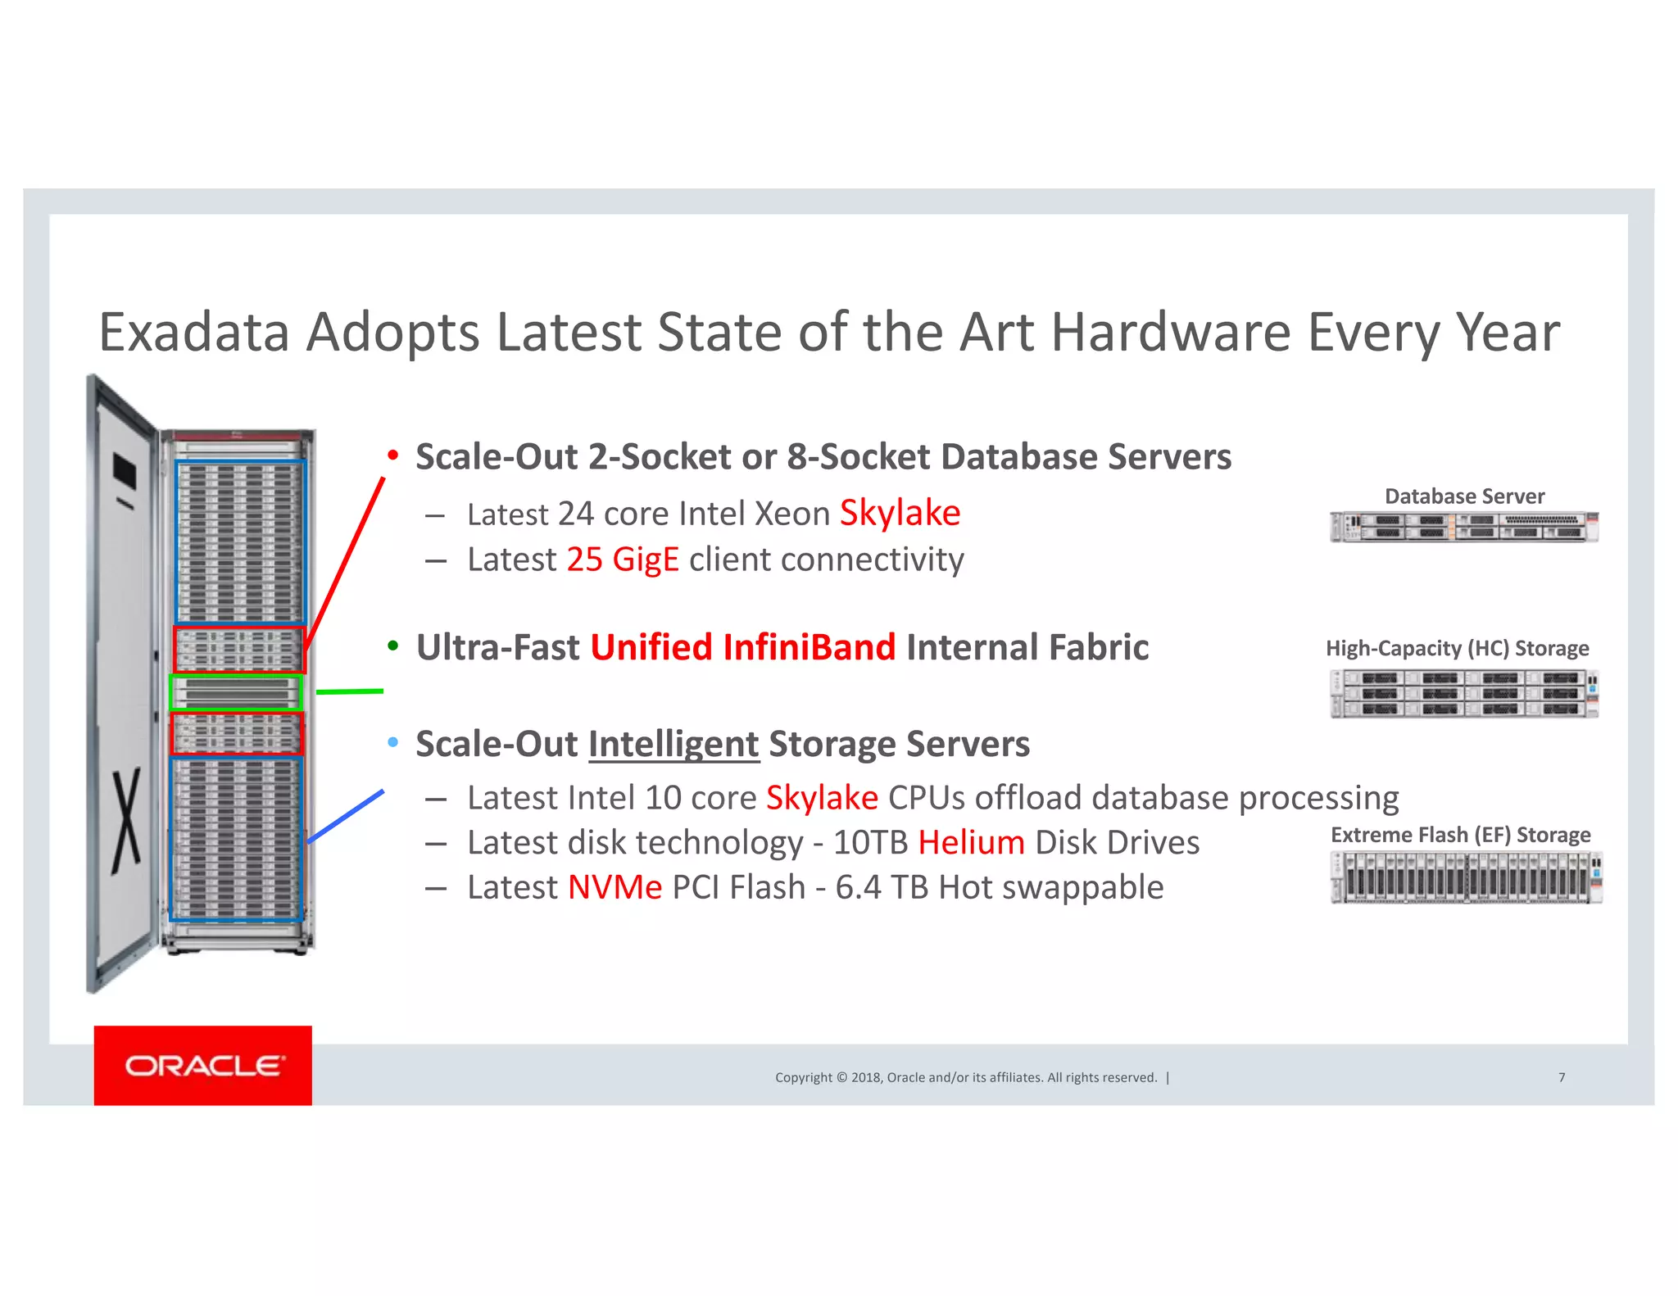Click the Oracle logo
tap(203, 1065)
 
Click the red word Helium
tap(971, 842)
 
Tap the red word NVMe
tap(615, 887)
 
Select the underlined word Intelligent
tap(673, 744)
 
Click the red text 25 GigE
tap(623, 560)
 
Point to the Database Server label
tap(1464, 496)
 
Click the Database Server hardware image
tap(1464, 527)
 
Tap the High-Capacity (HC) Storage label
tap(1457, 648)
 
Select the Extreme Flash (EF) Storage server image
tap(1466, 877)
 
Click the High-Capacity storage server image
tap(1464, 693)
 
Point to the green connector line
tap(350, 691)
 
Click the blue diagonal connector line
tap(346, 816)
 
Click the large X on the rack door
tap(126, 819)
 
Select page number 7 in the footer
tap(1562, 1077)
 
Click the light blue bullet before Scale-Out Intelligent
tap(393, 742)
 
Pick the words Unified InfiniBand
tap(742, 647)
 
